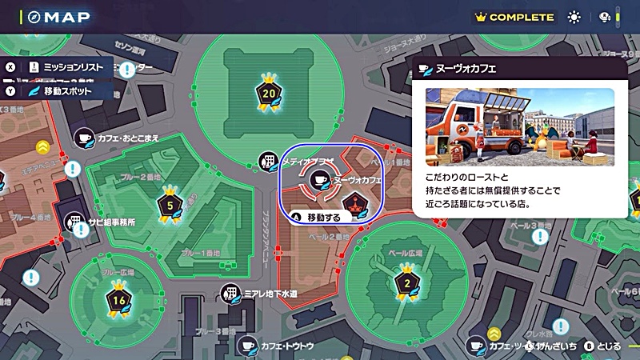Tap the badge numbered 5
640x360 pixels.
tap(168, 205)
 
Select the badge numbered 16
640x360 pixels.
tap(118, 300)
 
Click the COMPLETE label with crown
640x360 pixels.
tap(514, 17)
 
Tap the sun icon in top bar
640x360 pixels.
tap(574, 17)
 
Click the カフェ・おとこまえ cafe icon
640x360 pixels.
tap(85, 138)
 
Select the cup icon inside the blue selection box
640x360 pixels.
tap(318, 181)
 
